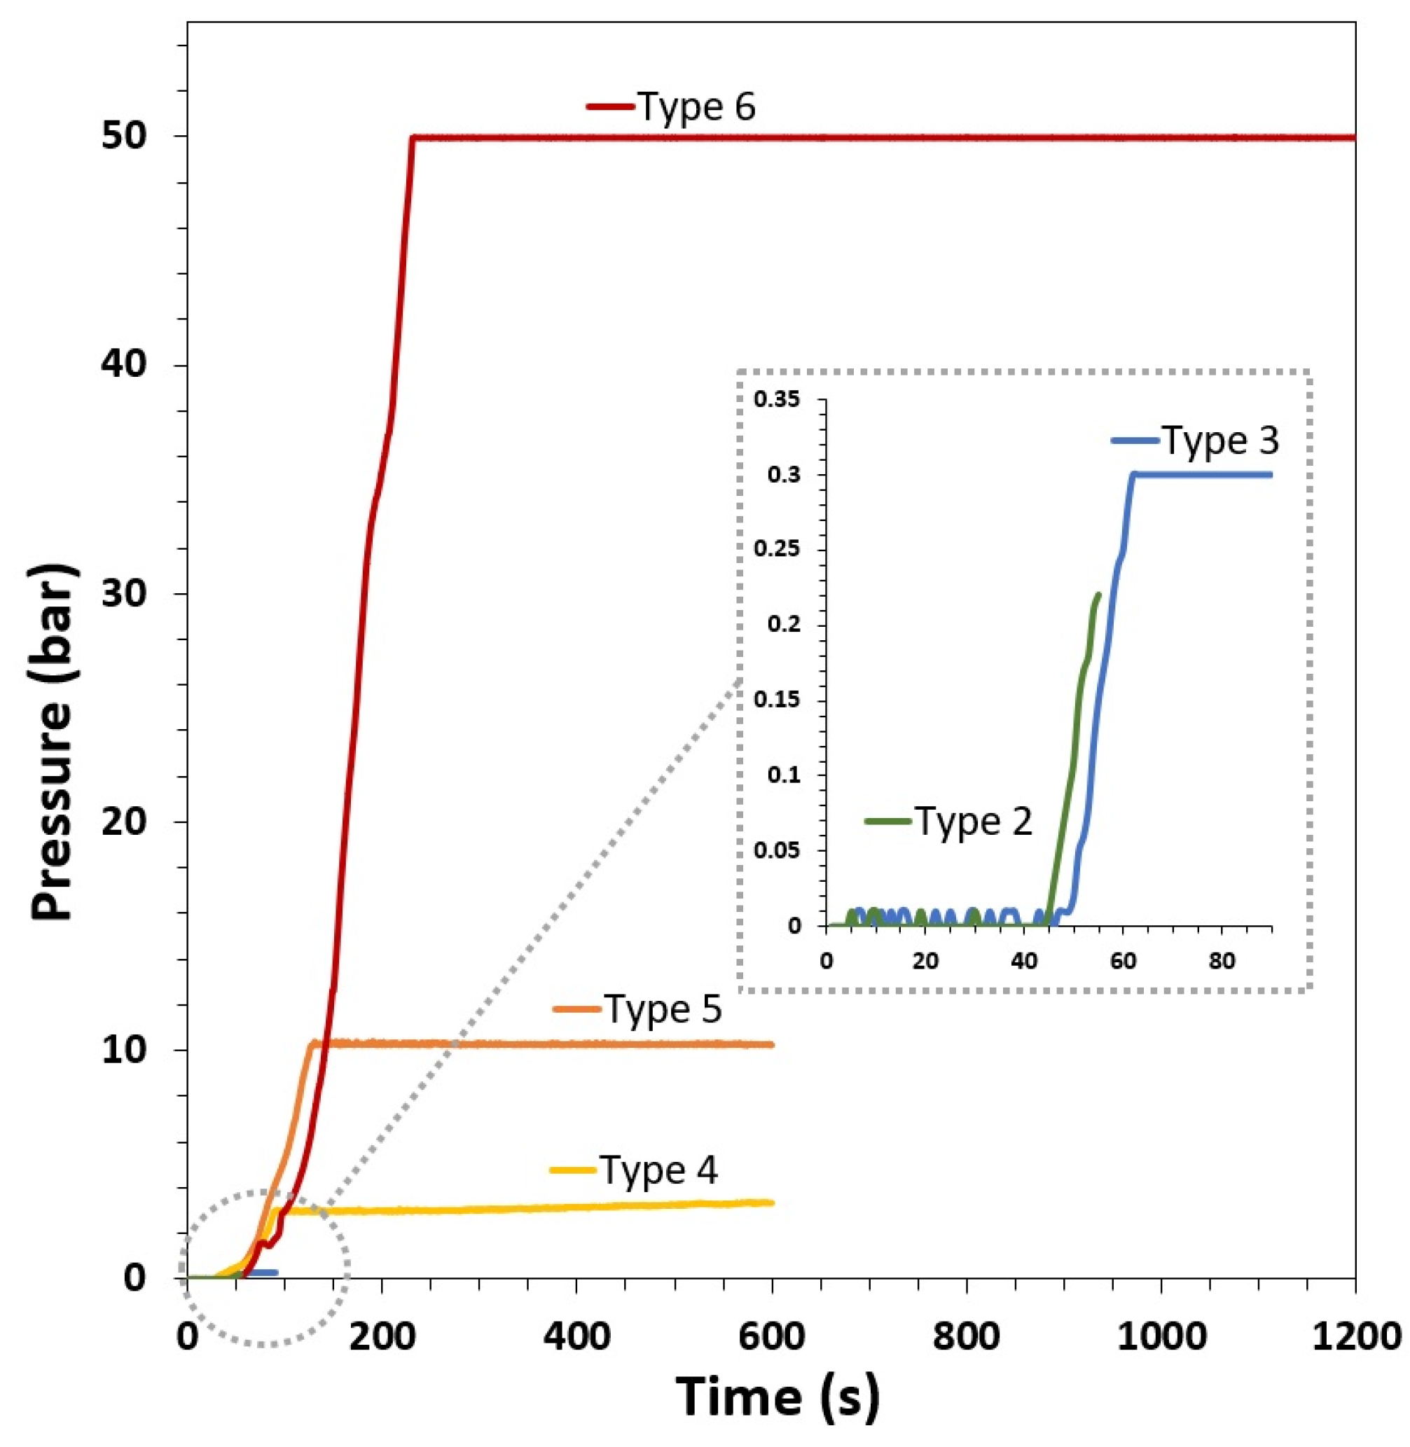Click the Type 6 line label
(x=696, y=107)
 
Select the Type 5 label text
(x=662, y=1009)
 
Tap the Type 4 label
(x=658, y=1171)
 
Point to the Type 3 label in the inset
(x=1219, y=441)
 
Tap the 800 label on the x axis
(x=967, y=1338)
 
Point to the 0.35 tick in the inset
(x=777, y=401)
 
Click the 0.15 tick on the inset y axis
(x=777, y=700)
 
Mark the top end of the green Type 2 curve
(x=1098, y=594)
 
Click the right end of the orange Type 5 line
(x=773, y=1045)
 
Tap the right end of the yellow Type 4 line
(x=773, y=1203)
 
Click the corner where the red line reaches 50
(x=413, y=138)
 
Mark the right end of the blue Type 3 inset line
(x=1271, y=475)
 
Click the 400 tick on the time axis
(x=577, y=1338)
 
